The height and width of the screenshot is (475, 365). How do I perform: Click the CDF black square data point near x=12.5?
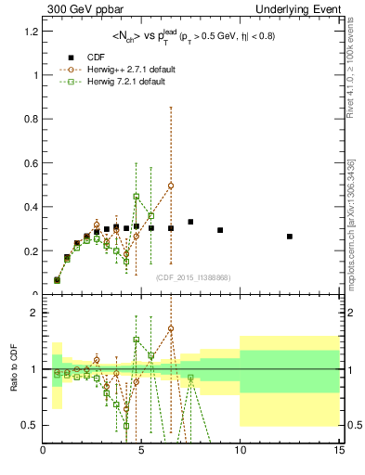(x=290, y=237)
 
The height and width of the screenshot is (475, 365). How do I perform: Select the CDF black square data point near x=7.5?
(x=190, y=222)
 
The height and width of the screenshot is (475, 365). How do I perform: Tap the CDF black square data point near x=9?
(x=220, y=230)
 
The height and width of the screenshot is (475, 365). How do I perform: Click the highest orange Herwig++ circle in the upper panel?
(x=171, y=185)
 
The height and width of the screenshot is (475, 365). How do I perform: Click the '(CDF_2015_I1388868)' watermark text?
(x=193, y=277)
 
